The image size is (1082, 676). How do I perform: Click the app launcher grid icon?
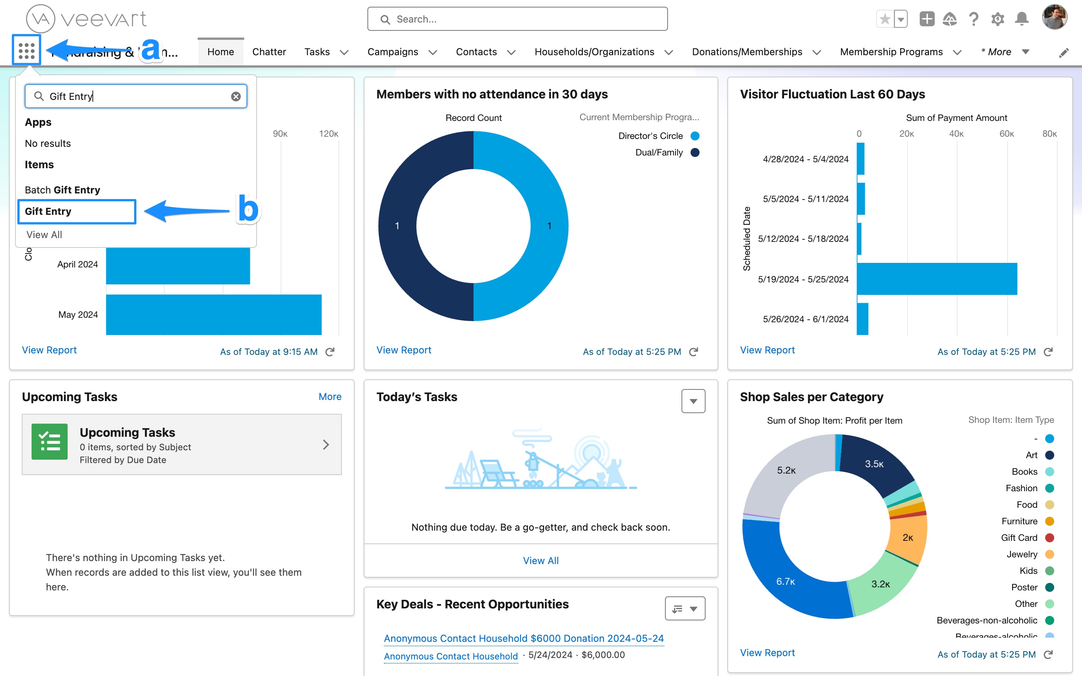(26, 51)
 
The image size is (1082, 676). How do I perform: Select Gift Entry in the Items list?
(48, 211)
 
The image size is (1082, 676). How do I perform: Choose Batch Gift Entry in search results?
(63, 190)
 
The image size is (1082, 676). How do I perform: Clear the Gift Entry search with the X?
(236, 97)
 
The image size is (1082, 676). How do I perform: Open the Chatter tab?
(269, 52)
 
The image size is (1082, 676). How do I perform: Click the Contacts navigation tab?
(476, 52)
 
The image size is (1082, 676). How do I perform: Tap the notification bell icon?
(1022, 19)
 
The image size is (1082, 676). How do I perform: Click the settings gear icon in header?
(997, 19)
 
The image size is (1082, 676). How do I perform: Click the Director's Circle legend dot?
(695, 136)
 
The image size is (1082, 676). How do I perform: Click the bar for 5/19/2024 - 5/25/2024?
(937, 279)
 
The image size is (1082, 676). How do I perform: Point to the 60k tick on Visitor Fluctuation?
(1006, 134)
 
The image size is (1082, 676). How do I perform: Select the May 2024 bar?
(214, 314)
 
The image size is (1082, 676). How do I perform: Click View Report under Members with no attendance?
(404, 350)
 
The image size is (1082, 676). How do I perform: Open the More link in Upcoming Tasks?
(330, 397)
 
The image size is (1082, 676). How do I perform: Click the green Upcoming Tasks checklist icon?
(50, 442)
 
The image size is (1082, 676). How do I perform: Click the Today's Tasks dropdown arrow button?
(693, 401)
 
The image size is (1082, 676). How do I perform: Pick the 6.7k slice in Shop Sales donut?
(786, 581)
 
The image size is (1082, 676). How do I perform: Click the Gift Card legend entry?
(1019, 538)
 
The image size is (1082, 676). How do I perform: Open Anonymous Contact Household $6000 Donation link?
(524, 638)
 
